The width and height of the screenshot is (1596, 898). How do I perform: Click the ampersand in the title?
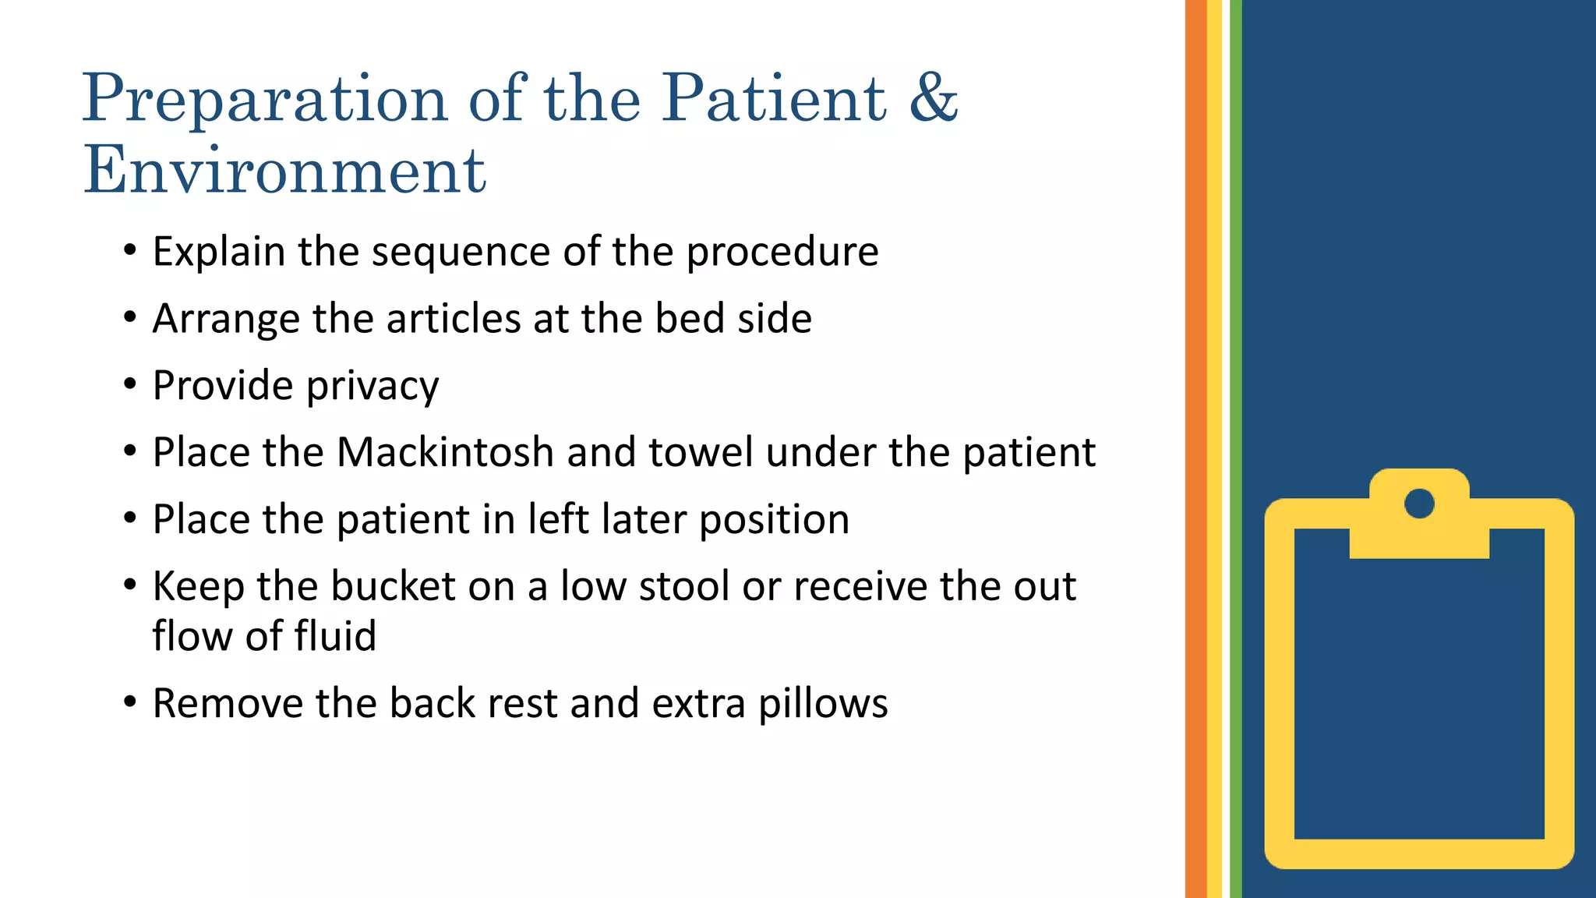point(933,98)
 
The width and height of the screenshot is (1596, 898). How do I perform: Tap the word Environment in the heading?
point(285,170)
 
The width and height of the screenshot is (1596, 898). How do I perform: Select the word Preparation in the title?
point(265,100)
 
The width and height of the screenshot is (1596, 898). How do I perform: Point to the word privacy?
point(373,386)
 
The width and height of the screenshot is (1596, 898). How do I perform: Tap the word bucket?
point(393,586)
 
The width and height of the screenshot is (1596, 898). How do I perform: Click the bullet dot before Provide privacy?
point(130,384)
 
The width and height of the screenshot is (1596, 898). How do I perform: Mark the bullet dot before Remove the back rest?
point(130,702)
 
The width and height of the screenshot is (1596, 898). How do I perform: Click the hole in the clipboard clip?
point(1419,504)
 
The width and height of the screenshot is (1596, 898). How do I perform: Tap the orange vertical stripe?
point(1195,449)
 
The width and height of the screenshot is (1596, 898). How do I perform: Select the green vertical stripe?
point(1235,449)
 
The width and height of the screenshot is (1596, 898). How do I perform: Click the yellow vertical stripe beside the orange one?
point(1214,449)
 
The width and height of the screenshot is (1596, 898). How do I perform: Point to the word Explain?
point(219,252)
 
